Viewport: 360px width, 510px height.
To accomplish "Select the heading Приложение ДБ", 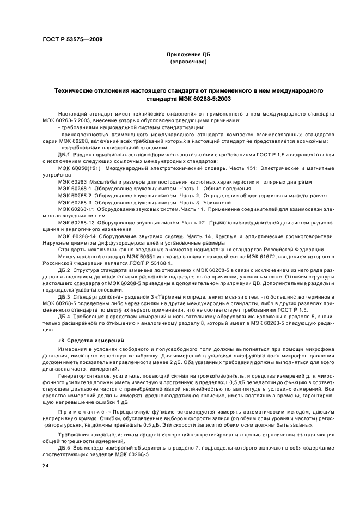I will pos(187,56).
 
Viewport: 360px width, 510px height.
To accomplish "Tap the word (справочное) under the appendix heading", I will pos(188,62).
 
